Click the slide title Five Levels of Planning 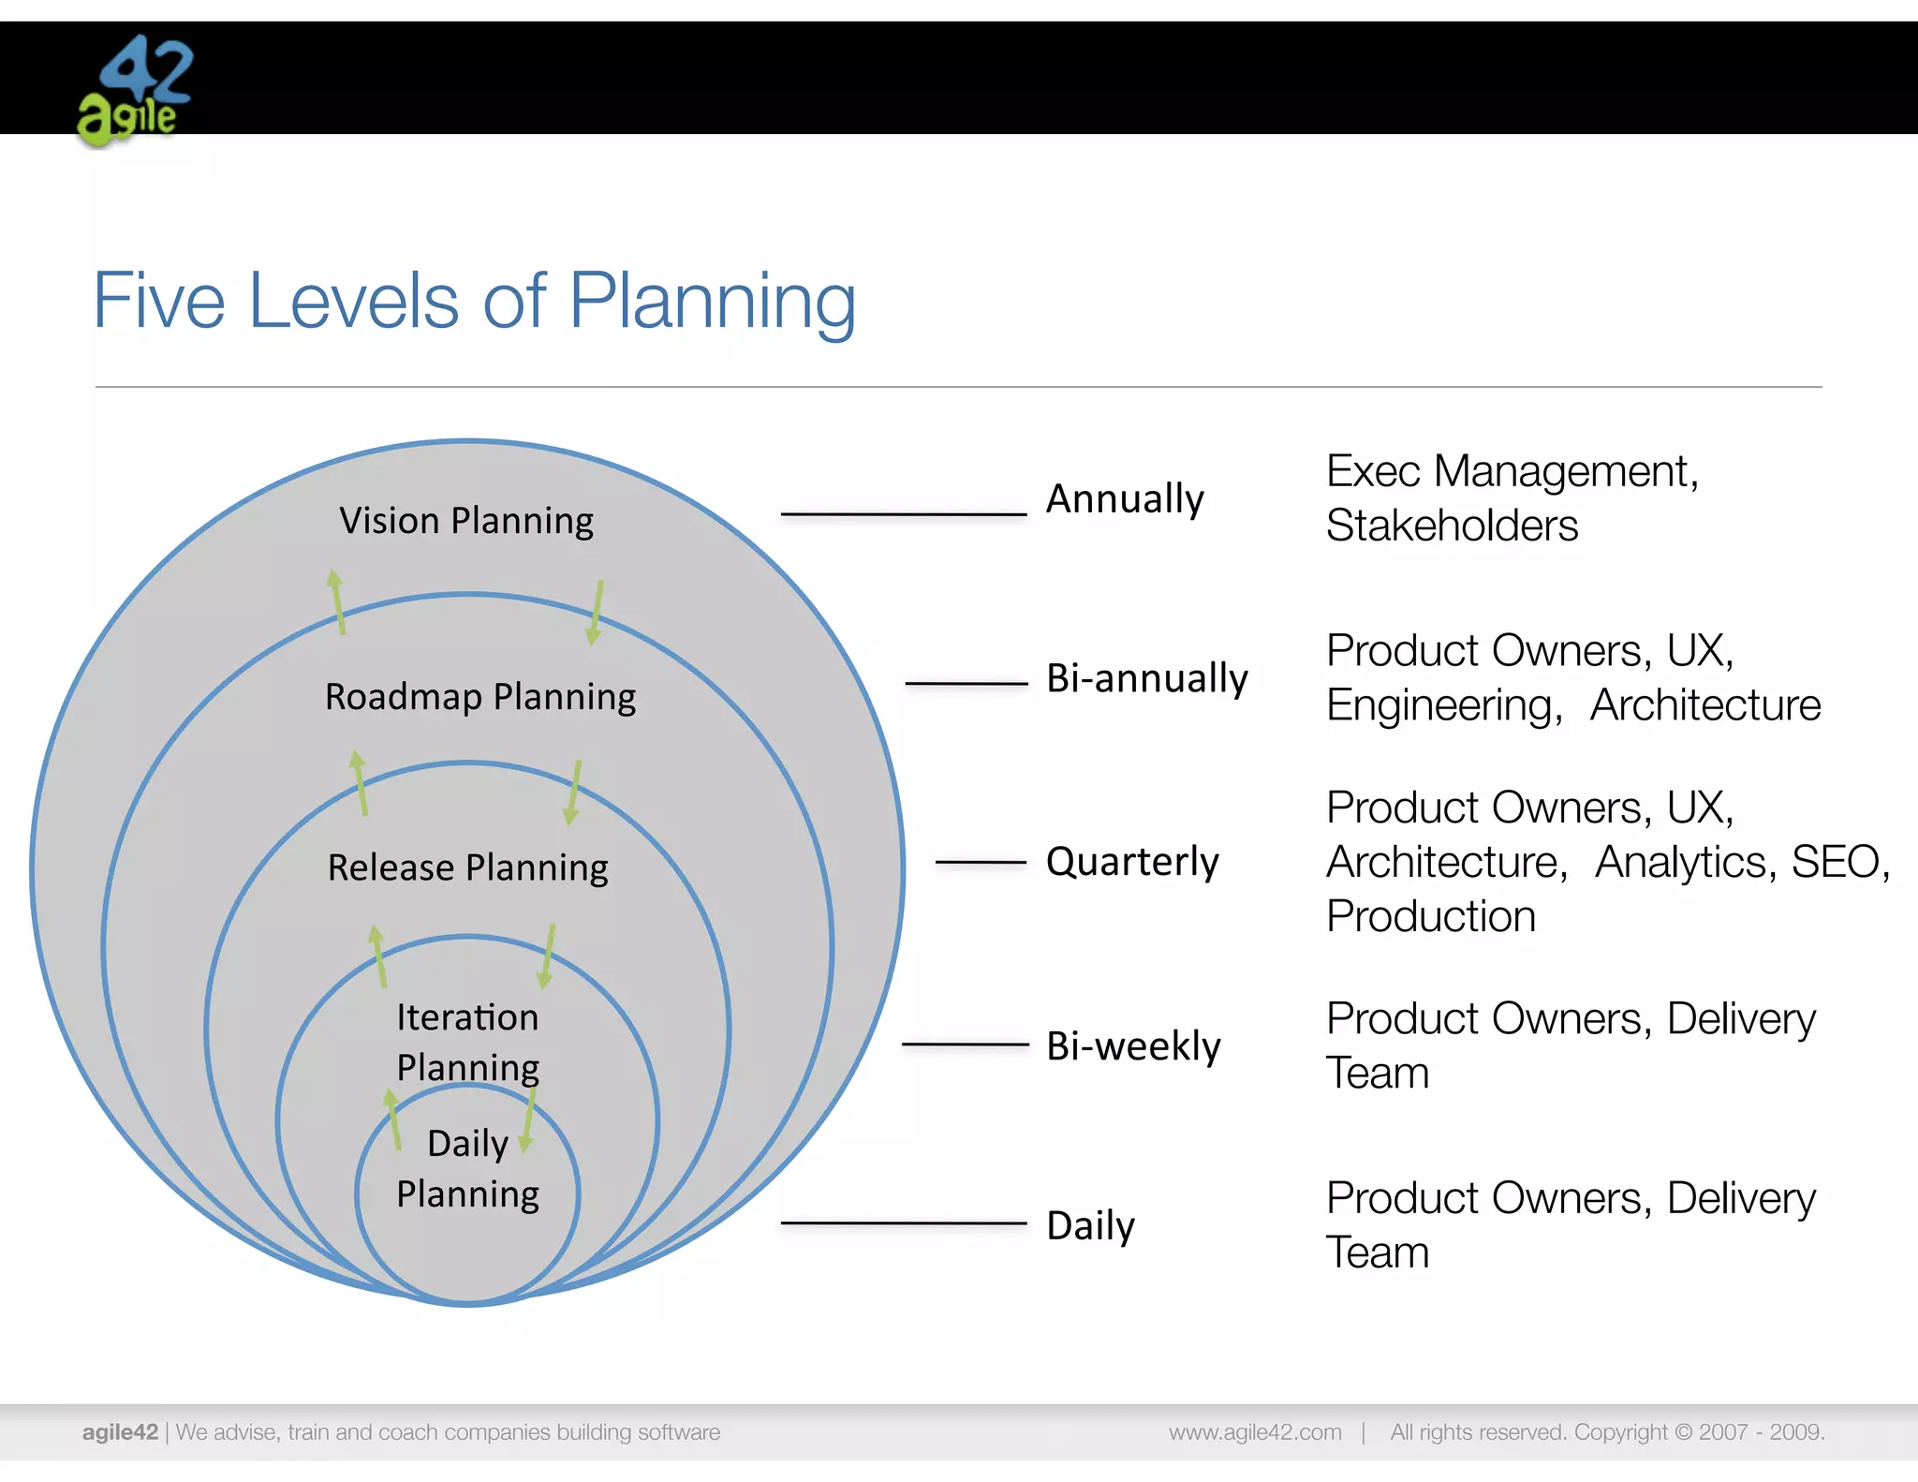[x=474, y=302]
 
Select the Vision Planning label [x=466, y=521]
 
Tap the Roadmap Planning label [x=480, y=698]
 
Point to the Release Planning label [x=467, y=868]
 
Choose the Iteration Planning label [x=467, y=1042]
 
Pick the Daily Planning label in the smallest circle [x=467, y=1169]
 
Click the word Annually [x=1125, y=499]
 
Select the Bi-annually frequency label [x=1147, y=678]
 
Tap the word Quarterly [x=1132, y=862]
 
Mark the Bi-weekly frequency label [x=1133, y=1046]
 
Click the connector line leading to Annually [x=904, y=514]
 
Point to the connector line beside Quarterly [x=981, y=862]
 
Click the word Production [x=1431, y=916]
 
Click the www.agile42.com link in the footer [x=1255, y=1432]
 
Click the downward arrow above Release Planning [x=573, y=793]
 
